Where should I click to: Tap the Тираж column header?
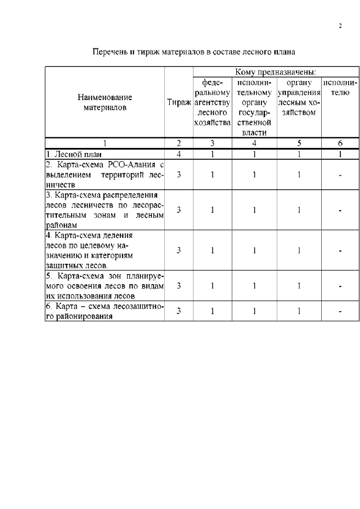179,102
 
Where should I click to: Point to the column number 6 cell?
340,143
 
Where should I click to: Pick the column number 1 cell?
105,143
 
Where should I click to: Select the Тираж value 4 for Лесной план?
179,154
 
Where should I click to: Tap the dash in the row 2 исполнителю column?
340,175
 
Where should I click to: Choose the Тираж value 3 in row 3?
179,210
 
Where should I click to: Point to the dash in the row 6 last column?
340,311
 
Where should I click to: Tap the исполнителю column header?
340,87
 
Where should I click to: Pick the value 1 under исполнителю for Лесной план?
340,154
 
